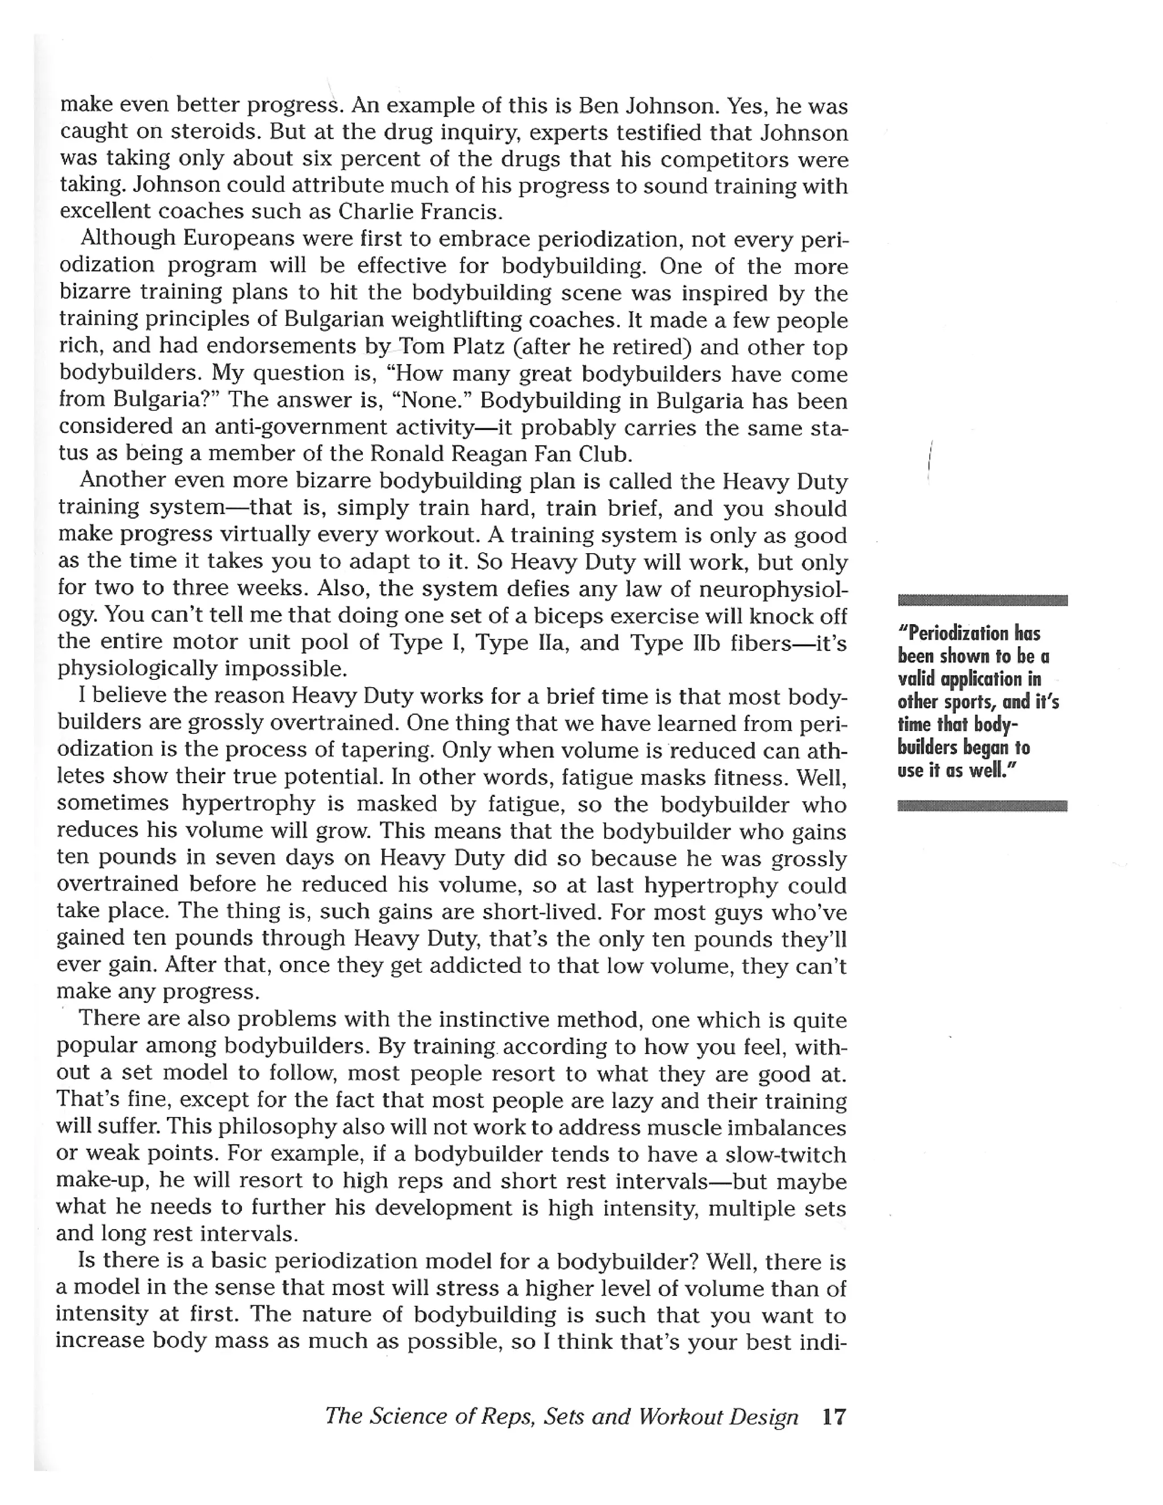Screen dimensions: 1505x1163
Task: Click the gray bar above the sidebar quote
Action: tap(982, 600)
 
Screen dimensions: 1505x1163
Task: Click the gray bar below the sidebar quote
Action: tap(982, 805)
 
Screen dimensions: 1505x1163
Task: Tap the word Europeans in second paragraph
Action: tap(239, 239)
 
